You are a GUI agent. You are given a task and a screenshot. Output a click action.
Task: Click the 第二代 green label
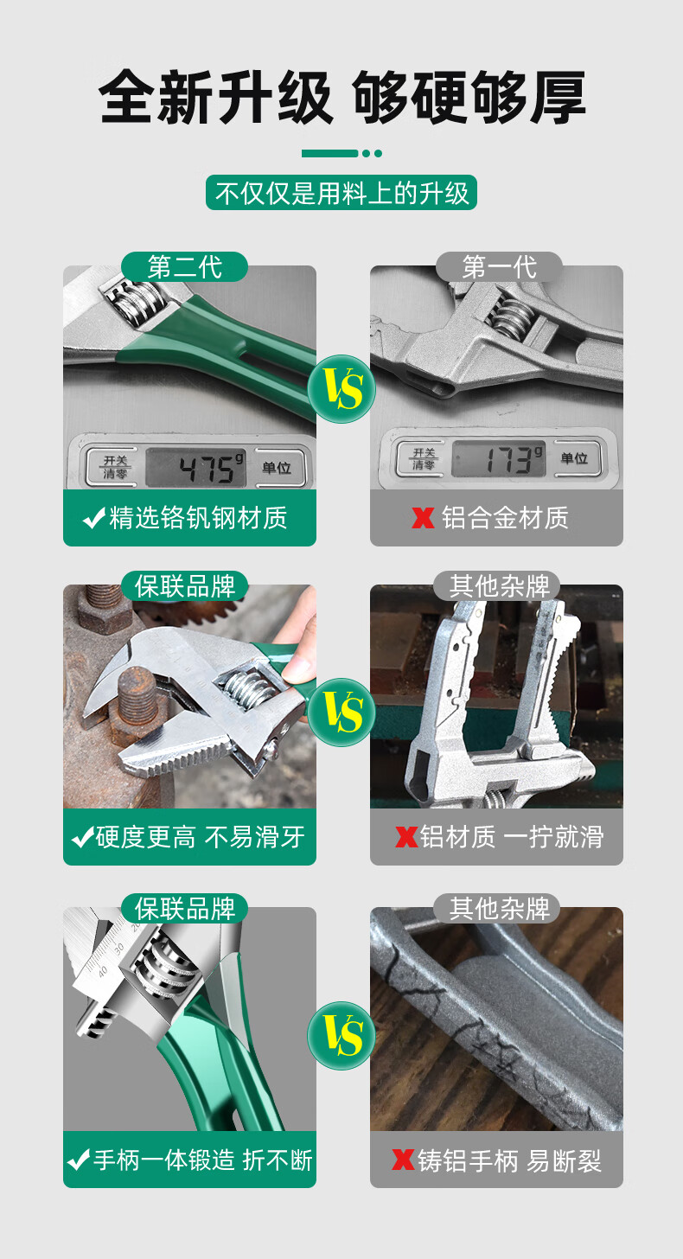pos(184,266)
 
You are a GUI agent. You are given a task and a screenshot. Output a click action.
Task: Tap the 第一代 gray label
pos(499,266)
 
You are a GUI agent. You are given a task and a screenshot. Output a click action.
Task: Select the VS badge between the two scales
pos(341,389)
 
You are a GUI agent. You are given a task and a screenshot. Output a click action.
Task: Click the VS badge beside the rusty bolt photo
pos(341,713)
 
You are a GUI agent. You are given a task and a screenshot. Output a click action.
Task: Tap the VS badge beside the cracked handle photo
pos(341,1035)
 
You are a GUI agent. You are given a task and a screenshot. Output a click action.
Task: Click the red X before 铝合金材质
pos(423,518)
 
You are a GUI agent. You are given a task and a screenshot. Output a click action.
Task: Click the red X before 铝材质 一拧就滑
pos(406,837)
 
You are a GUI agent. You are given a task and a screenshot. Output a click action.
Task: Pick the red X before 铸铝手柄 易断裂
pos(403,1160)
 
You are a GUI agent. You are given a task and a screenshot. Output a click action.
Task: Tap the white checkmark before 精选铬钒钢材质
pos(94,518)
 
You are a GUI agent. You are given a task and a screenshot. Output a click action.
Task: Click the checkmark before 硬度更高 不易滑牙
pos(83,837)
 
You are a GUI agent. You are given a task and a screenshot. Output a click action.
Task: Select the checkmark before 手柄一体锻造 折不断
pos(79,1160)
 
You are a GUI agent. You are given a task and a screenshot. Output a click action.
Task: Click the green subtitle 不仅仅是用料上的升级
pos(341,193)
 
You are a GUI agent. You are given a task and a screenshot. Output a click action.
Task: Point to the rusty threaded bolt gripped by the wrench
pos(137,696)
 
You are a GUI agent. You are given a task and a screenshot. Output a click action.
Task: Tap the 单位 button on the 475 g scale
pos(277,468)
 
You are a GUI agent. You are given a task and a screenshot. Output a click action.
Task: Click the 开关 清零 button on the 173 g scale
pos(424,458)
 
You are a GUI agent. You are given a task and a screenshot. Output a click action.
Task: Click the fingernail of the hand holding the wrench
pos(297,668)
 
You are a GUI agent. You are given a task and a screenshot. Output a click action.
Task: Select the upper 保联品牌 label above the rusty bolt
pos(184,586)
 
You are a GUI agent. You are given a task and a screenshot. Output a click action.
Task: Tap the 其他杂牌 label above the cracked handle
pos(499,909)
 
